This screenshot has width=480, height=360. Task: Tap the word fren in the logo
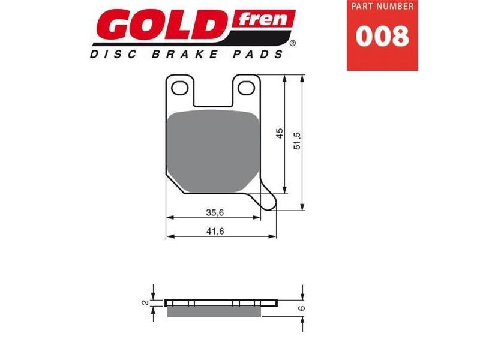265,19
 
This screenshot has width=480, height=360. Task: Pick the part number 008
382,36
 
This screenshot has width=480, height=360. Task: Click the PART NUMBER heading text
382,7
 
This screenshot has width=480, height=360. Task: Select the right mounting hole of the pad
245,88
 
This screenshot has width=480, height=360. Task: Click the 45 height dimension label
280,133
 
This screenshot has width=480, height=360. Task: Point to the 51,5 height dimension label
296,141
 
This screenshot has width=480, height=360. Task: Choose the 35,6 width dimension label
214,212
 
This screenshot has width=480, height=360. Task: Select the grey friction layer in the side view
214,310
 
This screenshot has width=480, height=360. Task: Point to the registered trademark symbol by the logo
292,43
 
